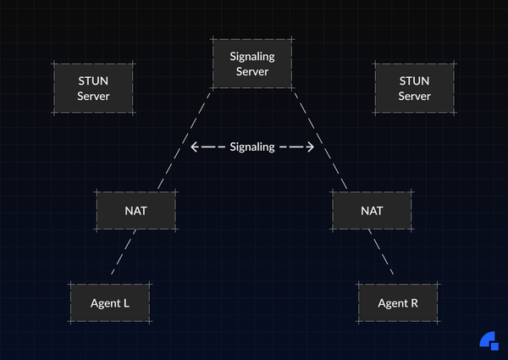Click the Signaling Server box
[251, 64]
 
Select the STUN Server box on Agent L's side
[93, 88]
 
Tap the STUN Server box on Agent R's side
[414, 88]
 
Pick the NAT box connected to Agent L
[135, 210]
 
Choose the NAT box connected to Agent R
[372, 210]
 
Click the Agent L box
[109, 302]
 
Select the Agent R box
[398, 302]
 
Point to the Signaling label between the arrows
[252, 147]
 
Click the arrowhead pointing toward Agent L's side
[195, 147]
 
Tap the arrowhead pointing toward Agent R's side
[310, 147]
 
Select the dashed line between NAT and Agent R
[384, 252]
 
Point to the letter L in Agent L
[125, 302]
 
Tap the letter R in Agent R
[414, 302]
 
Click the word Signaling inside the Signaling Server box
[251, 56]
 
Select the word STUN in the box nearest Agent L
[93, 80]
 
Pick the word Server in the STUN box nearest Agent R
[414, 96]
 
